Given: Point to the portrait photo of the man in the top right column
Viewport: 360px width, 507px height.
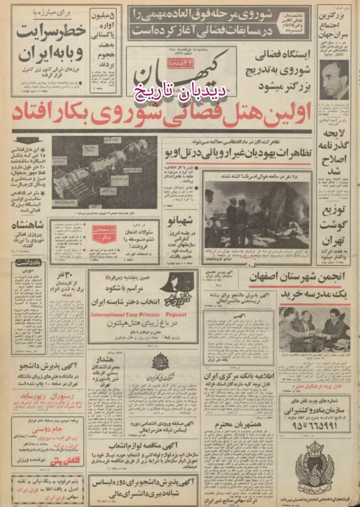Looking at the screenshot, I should click(334, 79).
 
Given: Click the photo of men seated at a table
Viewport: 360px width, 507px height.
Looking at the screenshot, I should click(314, 328).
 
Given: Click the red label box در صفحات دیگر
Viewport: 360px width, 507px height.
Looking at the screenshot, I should click(104, 234).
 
